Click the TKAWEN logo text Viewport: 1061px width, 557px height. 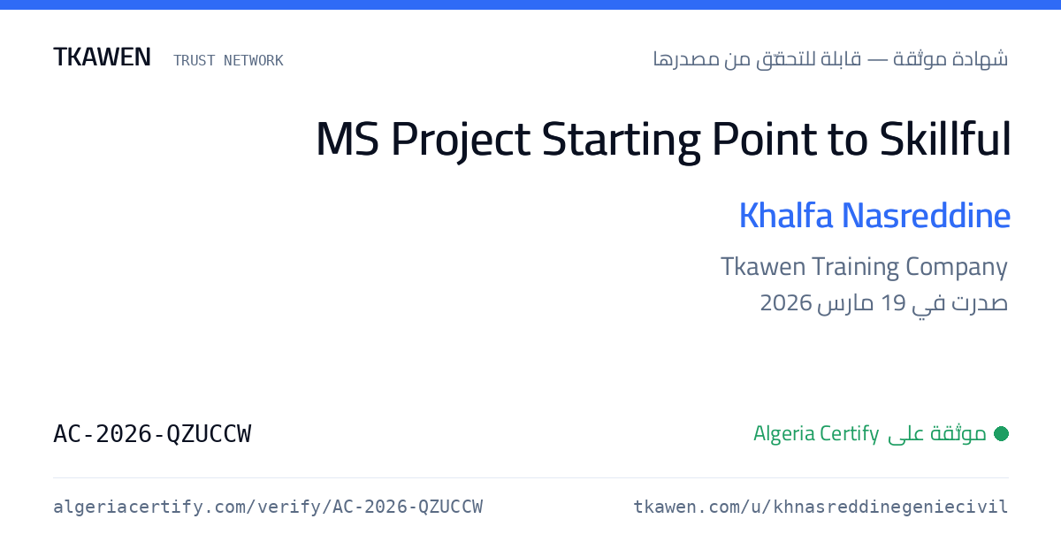102,57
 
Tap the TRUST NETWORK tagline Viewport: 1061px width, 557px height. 228,61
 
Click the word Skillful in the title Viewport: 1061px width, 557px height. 945,139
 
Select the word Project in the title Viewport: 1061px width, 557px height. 461,141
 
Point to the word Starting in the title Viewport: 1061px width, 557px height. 621,141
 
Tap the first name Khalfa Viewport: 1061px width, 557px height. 786,216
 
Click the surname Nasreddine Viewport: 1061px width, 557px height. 926,216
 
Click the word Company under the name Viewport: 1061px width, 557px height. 957,268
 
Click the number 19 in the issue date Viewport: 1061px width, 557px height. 893,303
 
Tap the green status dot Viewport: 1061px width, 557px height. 1001,433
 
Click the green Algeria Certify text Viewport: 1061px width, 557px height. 816,434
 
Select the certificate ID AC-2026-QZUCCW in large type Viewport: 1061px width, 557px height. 152,434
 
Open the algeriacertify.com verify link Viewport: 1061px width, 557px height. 268,507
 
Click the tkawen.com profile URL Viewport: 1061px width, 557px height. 821,507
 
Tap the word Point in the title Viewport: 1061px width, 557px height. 764,139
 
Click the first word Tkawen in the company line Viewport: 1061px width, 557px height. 763,267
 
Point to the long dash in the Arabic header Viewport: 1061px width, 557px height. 877,60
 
